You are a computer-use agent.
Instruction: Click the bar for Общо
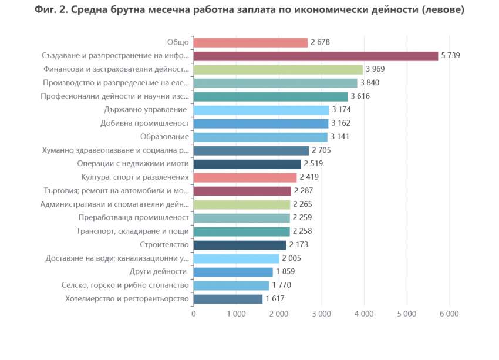click(x=251, y=42)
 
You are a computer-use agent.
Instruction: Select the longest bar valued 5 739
click(x=316, y=56)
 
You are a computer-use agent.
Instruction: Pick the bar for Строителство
click(x=240, y=245)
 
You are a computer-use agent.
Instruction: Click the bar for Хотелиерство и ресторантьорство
click(x=228, y=299)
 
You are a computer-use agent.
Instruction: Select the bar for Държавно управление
click(x=261, y=110)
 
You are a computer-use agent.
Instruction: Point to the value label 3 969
click(x=375, y=69)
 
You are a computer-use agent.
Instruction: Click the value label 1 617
click(x=275, y=299)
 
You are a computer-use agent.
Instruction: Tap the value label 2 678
click(x=321, y=42)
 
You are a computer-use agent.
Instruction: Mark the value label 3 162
click(x=341, y=123)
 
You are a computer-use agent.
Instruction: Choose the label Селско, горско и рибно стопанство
click(x=124, y=285)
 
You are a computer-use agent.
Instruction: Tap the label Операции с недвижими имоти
click(x=133, y=164)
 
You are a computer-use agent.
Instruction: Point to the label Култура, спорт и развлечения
click(x=134, y=177)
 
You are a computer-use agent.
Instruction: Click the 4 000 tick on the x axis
click(x=364, y=314)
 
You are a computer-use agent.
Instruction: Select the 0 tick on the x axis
click(x=194, y=314)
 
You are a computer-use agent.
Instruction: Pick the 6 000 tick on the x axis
click(x=449, y=314)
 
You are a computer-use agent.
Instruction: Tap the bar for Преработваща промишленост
click(x=242, y=218)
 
